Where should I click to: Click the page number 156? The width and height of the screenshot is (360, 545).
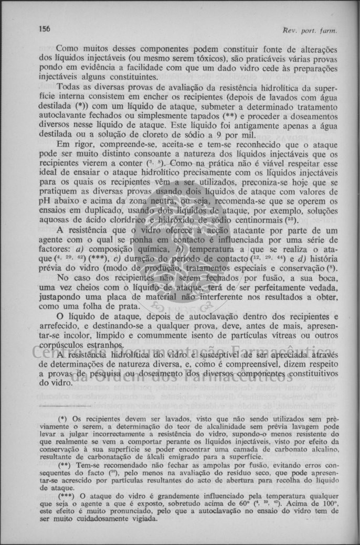point(44,29)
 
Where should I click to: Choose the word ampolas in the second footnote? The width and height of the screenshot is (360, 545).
point(186,466)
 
